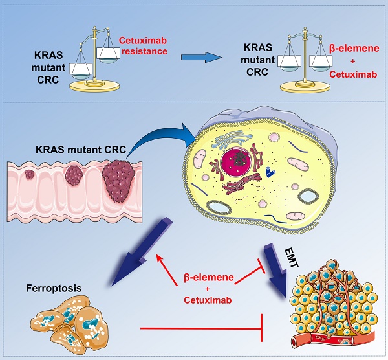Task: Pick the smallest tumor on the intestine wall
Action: coord(30,174)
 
